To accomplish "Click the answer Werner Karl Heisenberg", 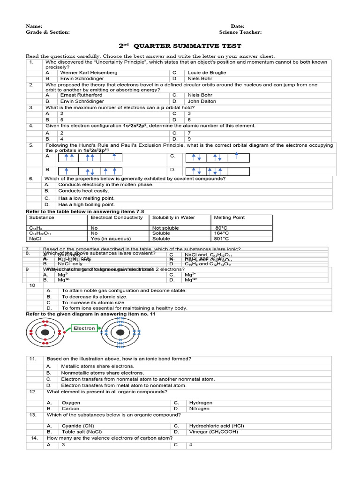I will click(89, 73).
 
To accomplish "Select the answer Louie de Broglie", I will click(207, 73).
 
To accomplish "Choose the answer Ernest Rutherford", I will click(81, 95).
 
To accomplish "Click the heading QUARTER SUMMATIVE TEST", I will click(187, 46).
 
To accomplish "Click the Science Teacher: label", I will click(240, 32).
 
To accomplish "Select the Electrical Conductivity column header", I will click(117, 217).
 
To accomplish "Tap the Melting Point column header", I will click(229, 217).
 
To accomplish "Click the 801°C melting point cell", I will click(221, 238).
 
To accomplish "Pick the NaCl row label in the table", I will click(36, 238).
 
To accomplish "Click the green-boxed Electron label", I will click(84, 329).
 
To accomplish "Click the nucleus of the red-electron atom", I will click(44, 332).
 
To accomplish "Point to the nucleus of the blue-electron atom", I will click(120, 332).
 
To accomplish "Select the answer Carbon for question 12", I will click(71, 409).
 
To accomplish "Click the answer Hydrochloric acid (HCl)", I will click(216, 426).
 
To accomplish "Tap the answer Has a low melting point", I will click(86, 198).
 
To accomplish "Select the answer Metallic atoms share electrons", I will click(97, 366).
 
